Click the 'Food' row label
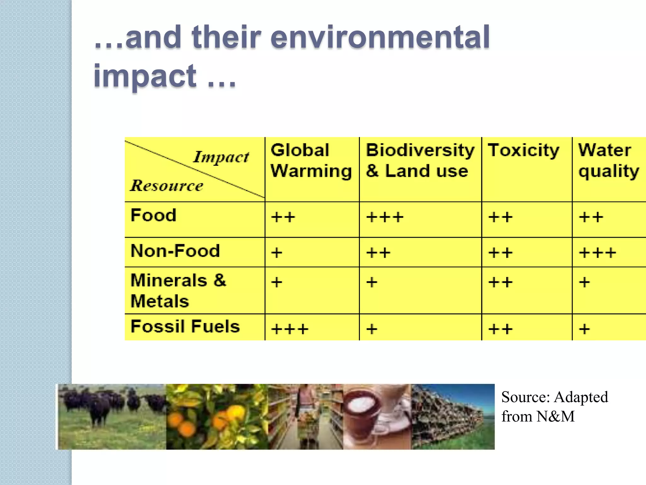click(154, 215)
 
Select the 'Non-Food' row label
click(175, 251)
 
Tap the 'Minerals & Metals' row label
click(178, 290)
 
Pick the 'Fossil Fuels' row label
click(185, 326)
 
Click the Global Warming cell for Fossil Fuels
click(290, 329)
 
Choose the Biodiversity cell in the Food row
click(385, 217)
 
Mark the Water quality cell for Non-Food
click(597, 253)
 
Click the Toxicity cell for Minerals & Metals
click(500, 282)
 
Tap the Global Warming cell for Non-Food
click(277, 253)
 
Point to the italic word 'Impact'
click(221, 157)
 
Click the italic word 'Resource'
click(167, 185)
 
